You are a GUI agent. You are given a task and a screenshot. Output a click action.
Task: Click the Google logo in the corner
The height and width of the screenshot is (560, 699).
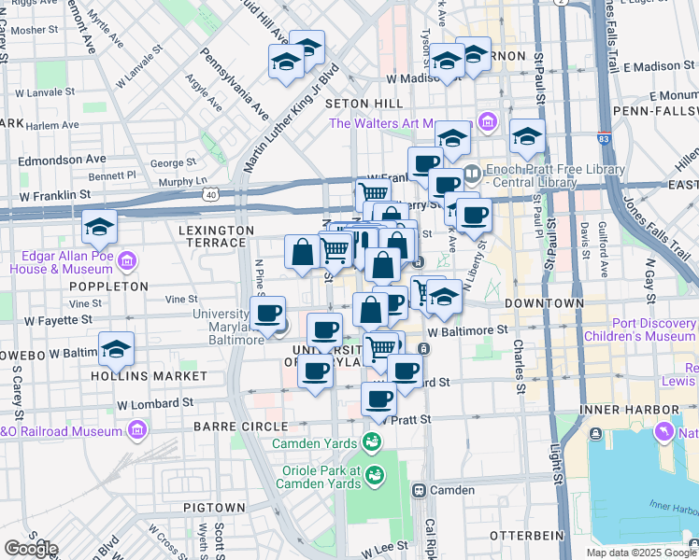point(31,549)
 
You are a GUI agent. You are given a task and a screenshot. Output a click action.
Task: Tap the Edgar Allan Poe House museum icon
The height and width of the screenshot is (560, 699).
point(128,259)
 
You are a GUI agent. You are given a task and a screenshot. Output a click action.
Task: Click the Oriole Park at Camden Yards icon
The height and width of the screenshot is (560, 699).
point(375,476)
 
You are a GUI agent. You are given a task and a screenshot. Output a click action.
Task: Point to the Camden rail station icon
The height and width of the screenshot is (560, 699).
point(420,490)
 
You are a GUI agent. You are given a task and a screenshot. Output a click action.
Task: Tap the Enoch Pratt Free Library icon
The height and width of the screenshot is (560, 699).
point(473,172)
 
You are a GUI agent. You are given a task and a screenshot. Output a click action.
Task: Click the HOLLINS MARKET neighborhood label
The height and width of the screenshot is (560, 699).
point(150,375)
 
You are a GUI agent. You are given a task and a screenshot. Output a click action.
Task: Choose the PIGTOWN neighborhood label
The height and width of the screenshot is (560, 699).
point(214,507)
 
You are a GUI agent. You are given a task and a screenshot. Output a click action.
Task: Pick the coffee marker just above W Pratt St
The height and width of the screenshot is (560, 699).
point(378,400)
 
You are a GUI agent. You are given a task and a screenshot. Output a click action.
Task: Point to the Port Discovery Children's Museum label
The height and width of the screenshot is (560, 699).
point(640,329)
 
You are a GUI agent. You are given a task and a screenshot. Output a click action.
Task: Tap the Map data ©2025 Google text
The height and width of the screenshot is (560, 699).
point(640,553)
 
